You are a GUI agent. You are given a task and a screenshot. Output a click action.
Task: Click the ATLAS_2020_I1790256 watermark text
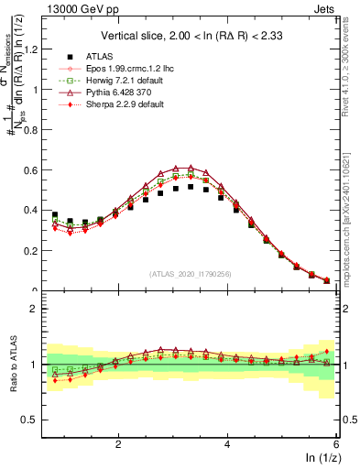[191, 274]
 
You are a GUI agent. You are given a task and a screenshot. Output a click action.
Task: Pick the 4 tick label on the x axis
[227, 443]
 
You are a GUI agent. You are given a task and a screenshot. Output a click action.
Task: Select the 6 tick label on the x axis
[336, 443]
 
